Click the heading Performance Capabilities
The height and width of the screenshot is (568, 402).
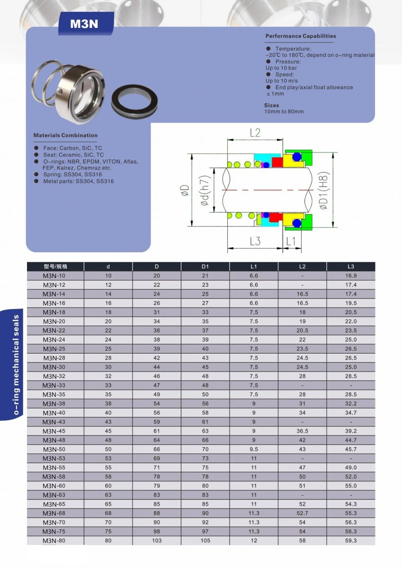point(301,36)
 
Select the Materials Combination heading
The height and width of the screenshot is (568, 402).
point(65,135)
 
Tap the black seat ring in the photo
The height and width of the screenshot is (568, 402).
point(134,101)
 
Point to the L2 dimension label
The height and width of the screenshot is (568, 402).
point(255,133)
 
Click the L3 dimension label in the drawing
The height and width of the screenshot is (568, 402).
point(255,241)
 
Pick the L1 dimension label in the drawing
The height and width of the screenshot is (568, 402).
point(291,241)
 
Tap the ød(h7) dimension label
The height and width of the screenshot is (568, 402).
point(205,190)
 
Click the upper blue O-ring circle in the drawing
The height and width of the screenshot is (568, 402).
point(297,157)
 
